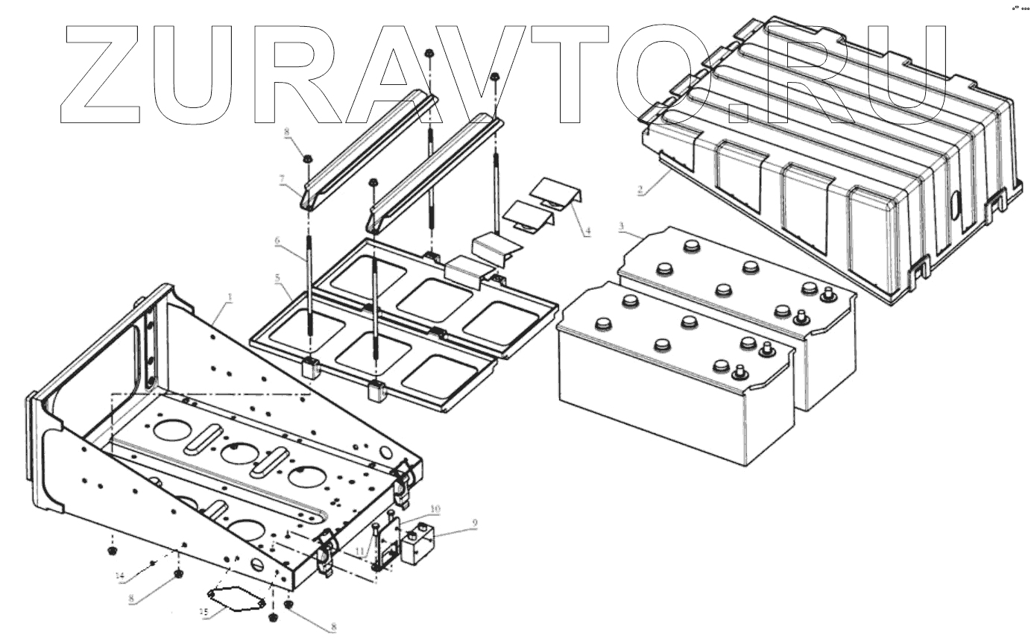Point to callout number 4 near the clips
[587, 231]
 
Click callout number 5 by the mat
[278, 277]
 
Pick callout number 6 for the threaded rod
[277, 241]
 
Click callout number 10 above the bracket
[435, 509]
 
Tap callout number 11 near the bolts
[359, 552]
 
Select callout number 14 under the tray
[119, 575]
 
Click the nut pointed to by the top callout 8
[306, 157]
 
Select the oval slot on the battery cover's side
[957, 205]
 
